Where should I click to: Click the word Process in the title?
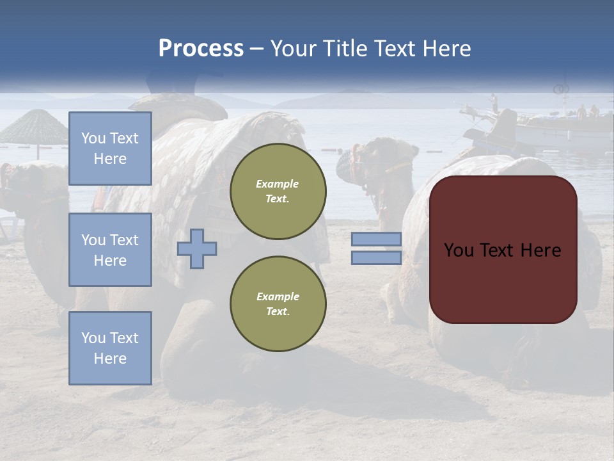pyautogui.click(x=201, y=49)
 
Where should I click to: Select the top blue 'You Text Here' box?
pyautogui.click(x=110, y=149)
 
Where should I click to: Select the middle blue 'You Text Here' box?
pyautogui.click(x=110, y=250)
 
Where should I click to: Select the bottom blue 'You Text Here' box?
pyautogui.click(x=110, y=348)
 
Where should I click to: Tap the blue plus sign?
pyautogui.click(x=197, y=248)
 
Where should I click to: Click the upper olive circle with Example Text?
pyautogui.click(x=278, y=191)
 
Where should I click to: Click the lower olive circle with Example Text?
pyautogui.click(x=278, y=304)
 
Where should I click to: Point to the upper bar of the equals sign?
pyautogui.click(x=376, y=239)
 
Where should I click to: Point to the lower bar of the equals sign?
pyautogui.click(x=376, y=257)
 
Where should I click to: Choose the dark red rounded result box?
pyautogui.click(x=503, y=250)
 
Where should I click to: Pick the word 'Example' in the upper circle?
pyautogui.click(x=278, y=184)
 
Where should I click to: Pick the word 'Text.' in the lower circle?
pyautogui.click(x=278, y=311)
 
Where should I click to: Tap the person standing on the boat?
pyautogui.click(x=494, y=102)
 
